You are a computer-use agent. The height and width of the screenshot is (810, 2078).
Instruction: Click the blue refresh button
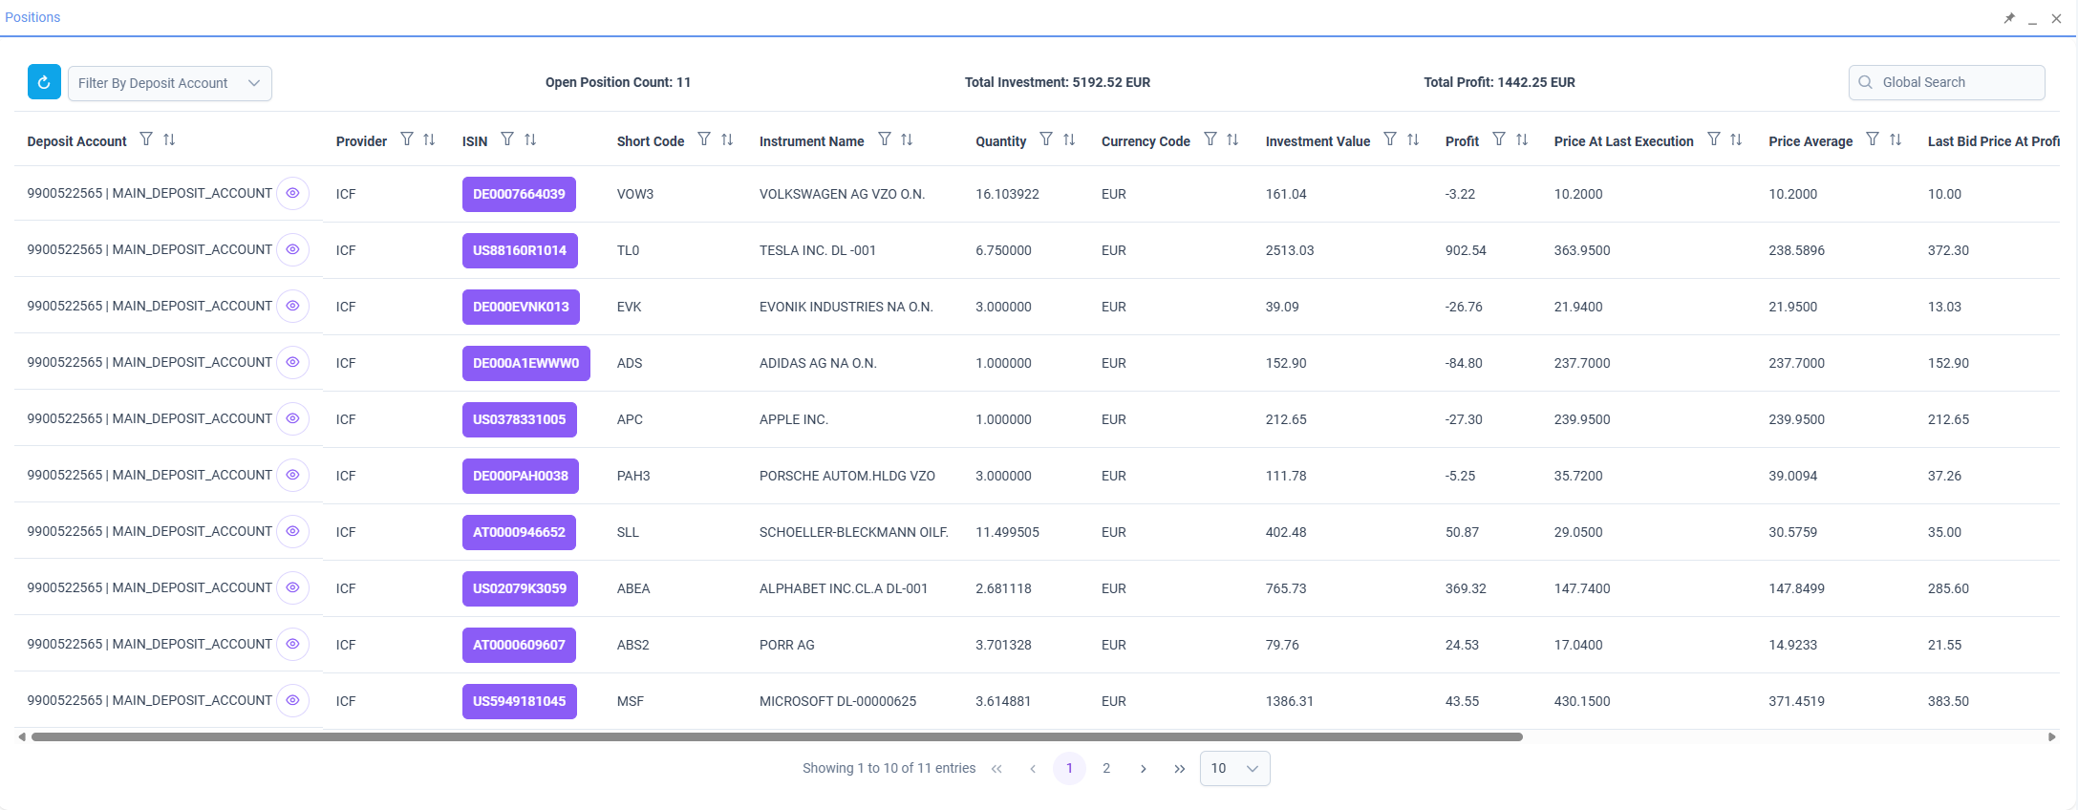[44, 82]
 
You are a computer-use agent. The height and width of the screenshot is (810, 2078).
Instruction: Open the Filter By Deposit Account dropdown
[170, 83]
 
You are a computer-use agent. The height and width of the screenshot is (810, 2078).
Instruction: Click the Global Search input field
[1946, 82]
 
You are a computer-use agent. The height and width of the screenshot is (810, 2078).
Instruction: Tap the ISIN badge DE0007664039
[519, 194]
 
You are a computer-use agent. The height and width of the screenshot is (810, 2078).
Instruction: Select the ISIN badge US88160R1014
[520, 250]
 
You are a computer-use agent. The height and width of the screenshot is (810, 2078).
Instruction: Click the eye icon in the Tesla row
[292, 249]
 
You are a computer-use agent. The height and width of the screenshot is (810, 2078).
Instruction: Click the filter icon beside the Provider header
[407, 139]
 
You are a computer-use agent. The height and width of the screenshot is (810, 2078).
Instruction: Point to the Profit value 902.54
[1466, 250]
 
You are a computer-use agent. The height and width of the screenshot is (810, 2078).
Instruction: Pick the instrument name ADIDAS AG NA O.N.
[818, 363]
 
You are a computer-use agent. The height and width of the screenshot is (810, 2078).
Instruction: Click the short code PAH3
[633, 476]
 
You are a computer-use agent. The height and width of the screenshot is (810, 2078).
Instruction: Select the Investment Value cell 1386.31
[1290, 701]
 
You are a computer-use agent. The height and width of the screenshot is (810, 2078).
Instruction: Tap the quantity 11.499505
[1007, 532]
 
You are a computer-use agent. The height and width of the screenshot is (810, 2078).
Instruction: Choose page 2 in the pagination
[1106, 768]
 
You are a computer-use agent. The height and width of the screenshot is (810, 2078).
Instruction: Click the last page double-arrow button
[1180, 768]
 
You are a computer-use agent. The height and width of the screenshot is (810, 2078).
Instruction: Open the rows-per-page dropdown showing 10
[1235, 768]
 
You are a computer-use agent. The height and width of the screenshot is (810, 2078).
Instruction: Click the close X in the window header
[2056, 18]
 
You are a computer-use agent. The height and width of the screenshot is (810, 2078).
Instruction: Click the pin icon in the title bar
[2009, 18]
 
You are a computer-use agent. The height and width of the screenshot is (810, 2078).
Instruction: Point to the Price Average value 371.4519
[1796, 701]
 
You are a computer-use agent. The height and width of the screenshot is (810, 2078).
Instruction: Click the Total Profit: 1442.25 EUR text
[1499, 82]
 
